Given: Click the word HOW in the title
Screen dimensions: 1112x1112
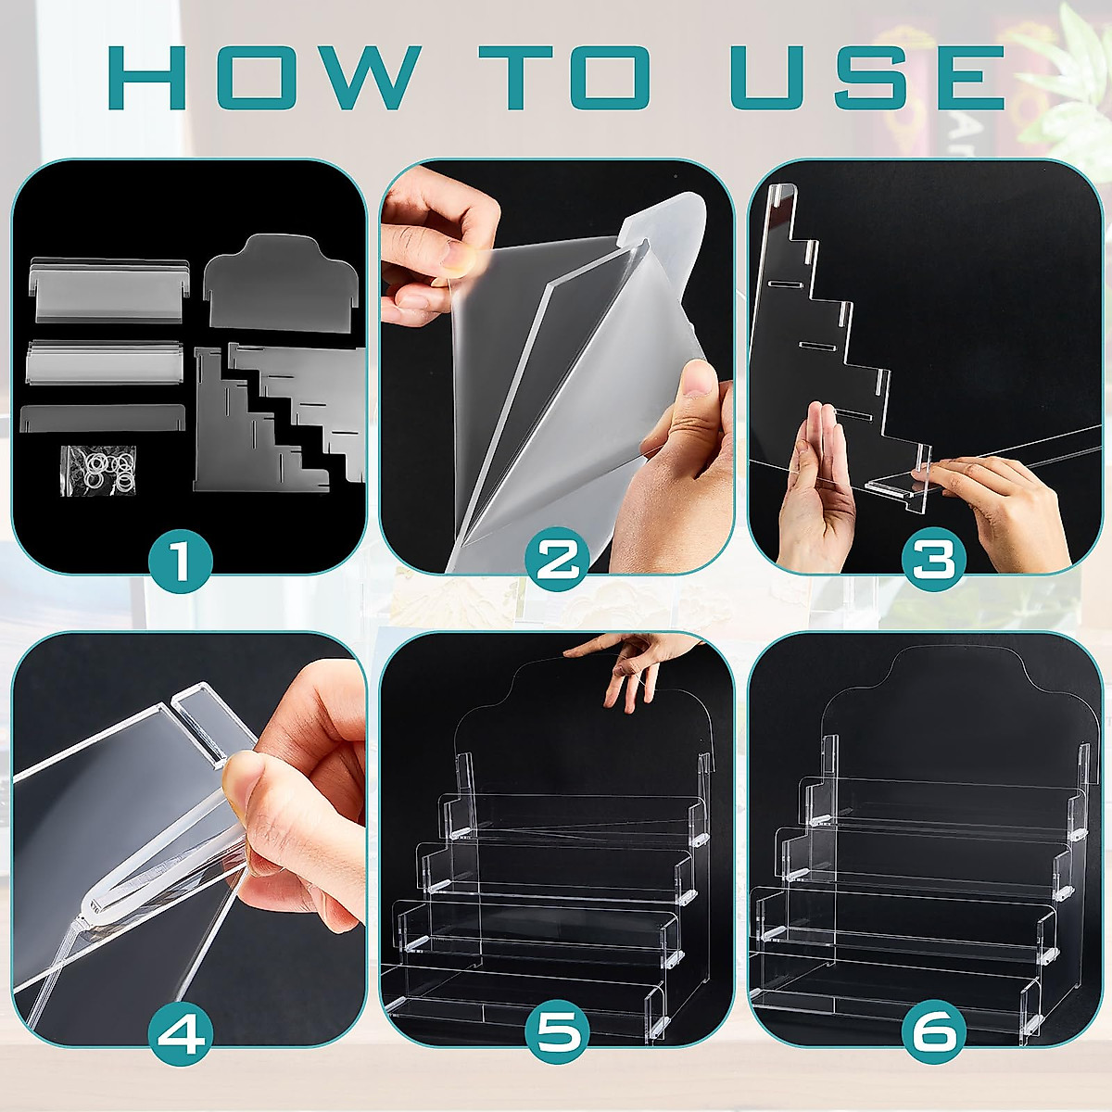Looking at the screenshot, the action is pos(264,77).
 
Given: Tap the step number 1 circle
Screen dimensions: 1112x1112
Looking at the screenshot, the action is pos(181,562).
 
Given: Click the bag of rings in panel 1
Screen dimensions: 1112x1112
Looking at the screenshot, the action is pos(98,471).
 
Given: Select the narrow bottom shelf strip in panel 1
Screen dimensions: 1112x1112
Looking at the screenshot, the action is pos(102,418).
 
